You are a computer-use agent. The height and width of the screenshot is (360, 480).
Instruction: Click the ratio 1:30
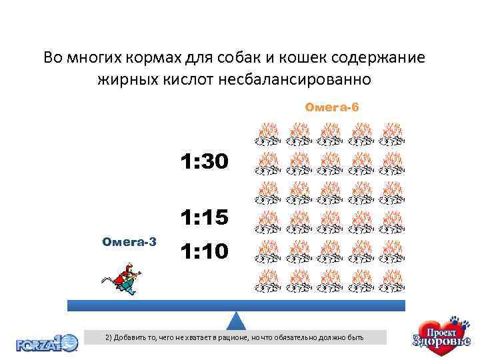pos(204,161)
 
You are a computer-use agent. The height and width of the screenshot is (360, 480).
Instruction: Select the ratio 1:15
pos(204,218)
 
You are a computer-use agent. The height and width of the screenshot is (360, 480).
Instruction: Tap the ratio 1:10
pos(204,251)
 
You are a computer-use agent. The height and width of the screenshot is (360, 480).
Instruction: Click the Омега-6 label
pos(331,107)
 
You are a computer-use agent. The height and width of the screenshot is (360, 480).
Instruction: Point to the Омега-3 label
pos(129,241)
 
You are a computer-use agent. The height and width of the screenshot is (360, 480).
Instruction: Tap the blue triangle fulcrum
pos(237,321)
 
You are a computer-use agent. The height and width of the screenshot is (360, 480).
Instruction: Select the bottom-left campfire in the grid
pos(268,282)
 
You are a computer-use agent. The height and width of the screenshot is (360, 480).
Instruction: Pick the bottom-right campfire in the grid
pos(391,282)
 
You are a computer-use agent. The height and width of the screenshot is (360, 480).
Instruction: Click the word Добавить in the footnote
pos(131,338)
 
